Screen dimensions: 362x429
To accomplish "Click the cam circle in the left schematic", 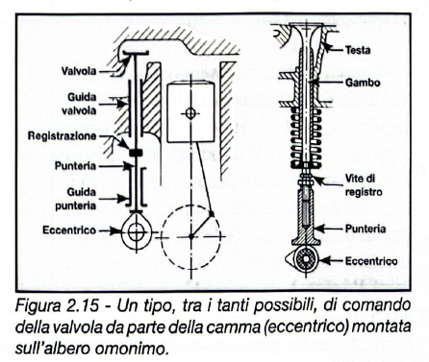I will click(136, 231).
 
